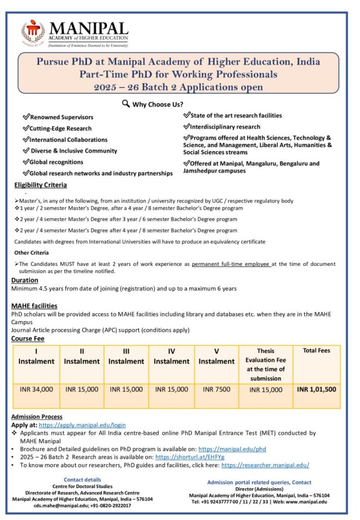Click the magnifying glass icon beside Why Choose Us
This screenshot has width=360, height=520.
point(126,104)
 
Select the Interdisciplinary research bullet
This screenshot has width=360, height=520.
point(224,127)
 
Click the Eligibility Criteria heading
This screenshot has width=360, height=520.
point(40,185)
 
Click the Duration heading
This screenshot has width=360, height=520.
point(24,280)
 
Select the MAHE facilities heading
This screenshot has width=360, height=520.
point(34,306)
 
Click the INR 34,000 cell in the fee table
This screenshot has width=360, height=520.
point(36,389)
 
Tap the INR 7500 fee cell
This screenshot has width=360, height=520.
point(216,389)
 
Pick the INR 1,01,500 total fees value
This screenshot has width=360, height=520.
point(316,389)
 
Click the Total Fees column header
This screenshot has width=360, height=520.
point(316,350)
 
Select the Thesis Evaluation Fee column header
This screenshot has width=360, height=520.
point(266,365)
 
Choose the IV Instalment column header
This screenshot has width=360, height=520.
point(171,356)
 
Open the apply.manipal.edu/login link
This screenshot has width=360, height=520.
point(82,425)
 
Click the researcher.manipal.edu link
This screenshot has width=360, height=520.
point(265,465)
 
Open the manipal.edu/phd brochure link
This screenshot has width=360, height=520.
point(232,449)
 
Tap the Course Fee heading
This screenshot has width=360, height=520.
point(28,339)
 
